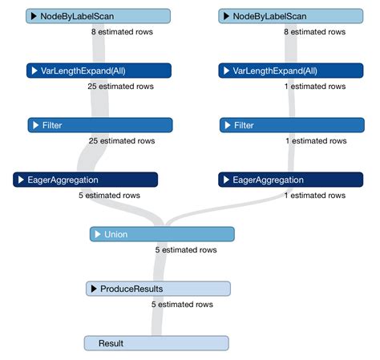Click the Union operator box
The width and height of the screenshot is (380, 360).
pyautogui.click(x=162, y=234)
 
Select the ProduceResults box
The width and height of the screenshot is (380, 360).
pyautogui.click(x=158, y=289)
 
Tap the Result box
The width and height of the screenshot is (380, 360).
pyautogui.click(x=156, y=343)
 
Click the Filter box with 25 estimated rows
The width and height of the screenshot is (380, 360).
pyautogui.click(x=100, y=125)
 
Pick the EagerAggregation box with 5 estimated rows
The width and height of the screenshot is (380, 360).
pyautogui.click(x=85, y=180)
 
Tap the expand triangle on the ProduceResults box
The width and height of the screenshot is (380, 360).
pyautogui.click(x=94, y=289)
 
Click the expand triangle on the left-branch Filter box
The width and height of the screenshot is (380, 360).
pyautogui.click(x=36, y=125)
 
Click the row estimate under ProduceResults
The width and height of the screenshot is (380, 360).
pyautogui.click(x=182, y=304)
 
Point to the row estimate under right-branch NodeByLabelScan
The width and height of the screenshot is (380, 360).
pyautogui.click(x=314, y=31)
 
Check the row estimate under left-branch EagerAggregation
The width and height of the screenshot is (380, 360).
pyautogui.click(x=109, y=195)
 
